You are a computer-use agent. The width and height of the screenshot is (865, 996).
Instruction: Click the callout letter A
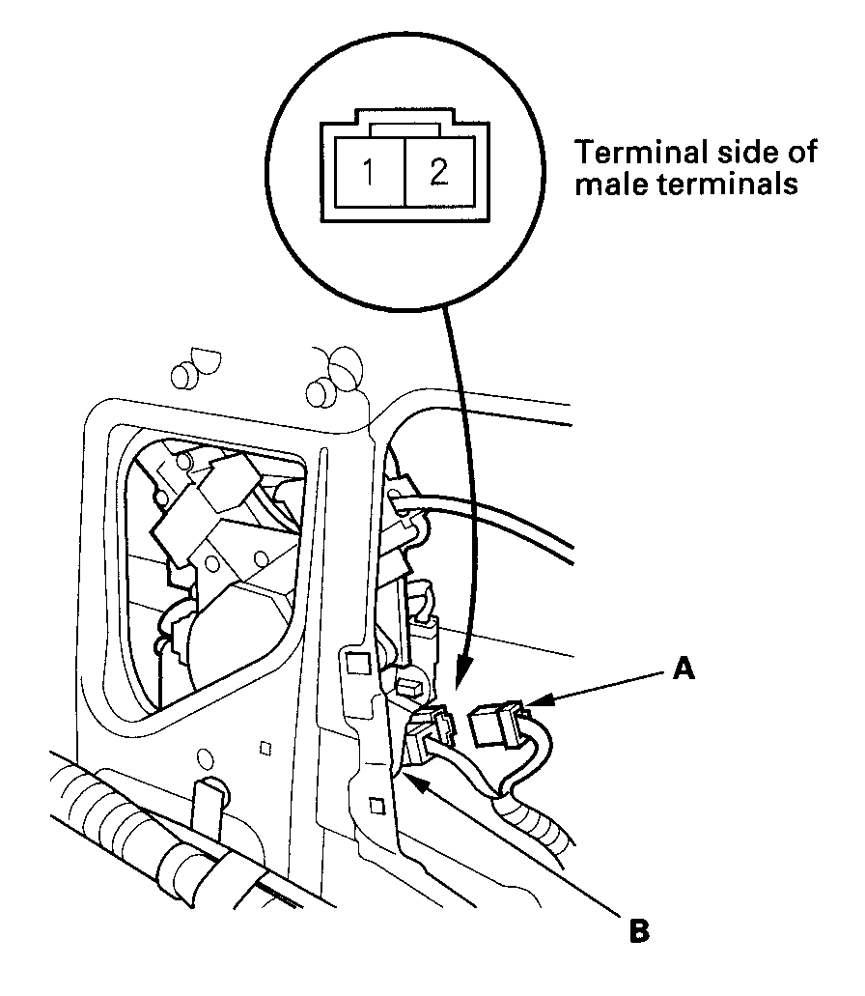[684, 669]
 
